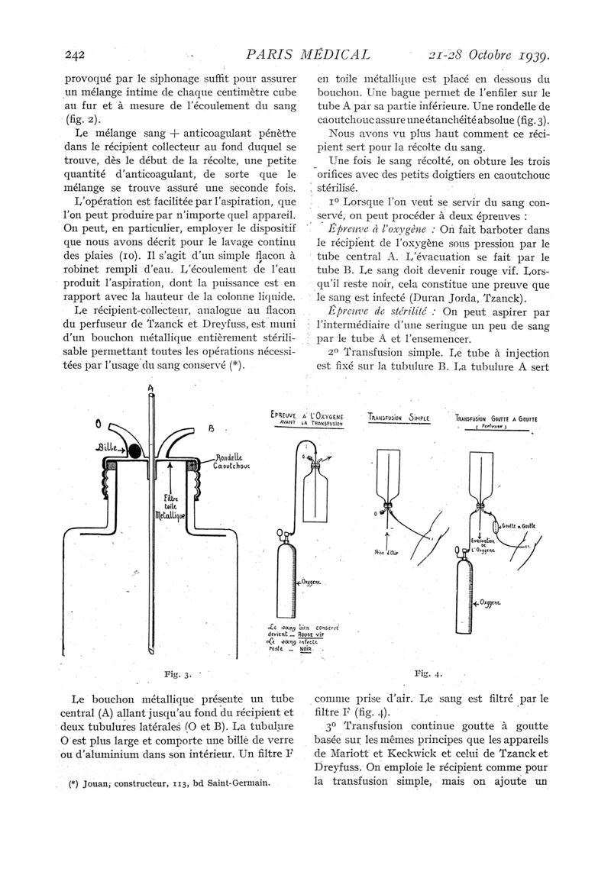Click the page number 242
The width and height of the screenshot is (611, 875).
(74, 55)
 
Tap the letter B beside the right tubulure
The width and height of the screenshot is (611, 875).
(212, 428)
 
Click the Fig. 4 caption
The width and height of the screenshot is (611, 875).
(428, 673)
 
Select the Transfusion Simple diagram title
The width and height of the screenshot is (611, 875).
(399, 417)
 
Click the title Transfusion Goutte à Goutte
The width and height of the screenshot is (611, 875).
(496, 418)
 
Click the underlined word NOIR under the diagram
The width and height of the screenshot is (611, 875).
(305, 649)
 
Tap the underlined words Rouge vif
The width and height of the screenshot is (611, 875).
(312, 634)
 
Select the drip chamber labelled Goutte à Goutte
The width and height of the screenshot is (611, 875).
(496, 527)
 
